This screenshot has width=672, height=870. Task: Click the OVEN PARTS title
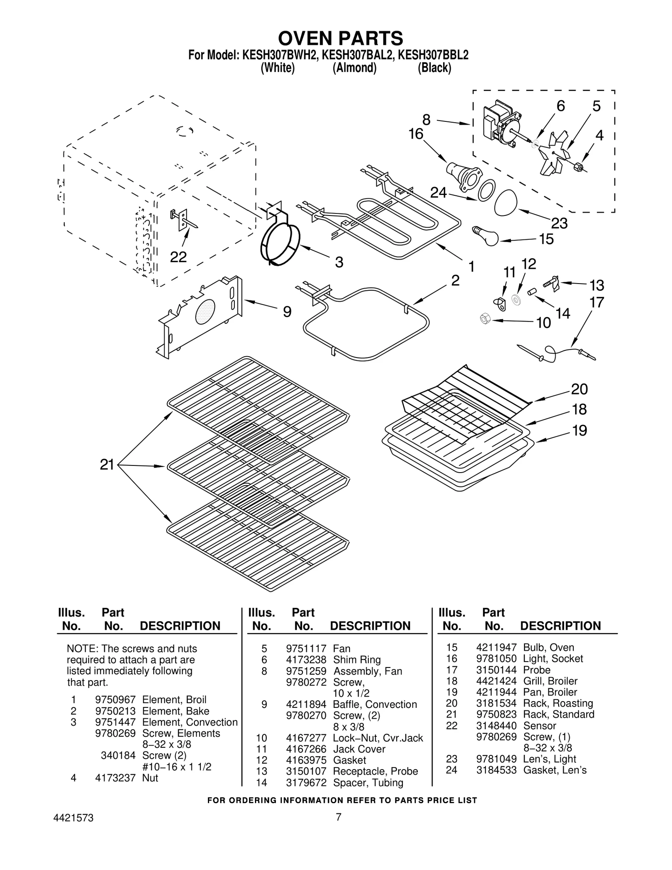[x=340, y=38]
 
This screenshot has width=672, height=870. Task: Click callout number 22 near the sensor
[x=178, y=257]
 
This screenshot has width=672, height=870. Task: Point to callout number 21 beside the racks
[x=107, y=465]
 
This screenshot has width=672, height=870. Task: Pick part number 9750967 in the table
[x=115, y=699]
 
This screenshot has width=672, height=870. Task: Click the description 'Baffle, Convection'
[x=375, y=704]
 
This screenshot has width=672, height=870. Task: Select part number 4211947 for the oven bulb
[x=496, y=647]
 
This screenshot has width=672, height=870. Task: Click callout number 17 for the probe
[x=597, y=302]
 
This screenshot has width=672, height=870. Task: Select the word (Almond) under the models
[x=354, y=68]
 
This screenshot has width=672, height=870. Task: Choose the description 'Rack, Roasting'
[x=558, y=703]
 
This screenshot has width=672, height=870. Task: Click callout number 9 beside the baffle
[x=286, y=311]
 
